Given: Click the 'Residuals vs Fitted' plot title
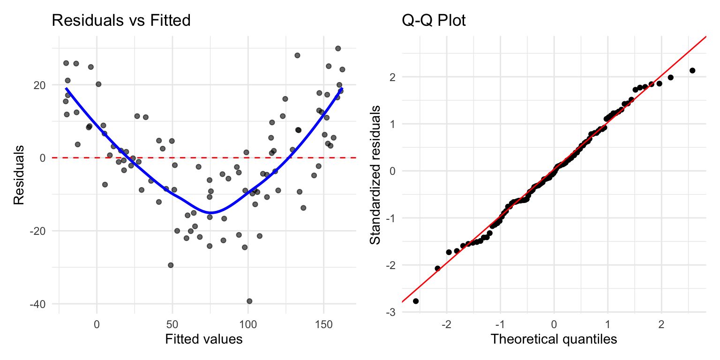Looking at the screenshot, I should pyautogui.click(x=121, y=21).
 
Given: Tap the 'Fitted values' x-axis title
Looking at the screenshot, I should pyautogui.click(x=204, y=339).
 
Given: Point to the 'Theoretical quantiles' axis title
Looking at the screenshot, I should pyautogui.click(x=554, y=339).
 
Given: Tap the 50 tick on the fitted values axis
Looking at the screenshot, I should pyautogui.click(x=172, y=323).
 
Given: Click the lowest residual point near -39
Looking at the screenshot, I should pyautogui.click(x=249, y=301).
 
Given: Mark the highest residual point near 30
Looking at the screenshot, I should pyautogui.click(x=338, y=48).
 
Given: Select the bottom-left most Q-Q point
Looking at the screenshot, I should pyautogui.click(x=416, y=301).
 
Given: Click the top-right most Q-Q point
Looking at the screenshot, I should pyautogui.click(x=692, y=70).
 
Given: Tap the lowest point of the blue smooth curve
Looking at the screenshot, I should pyautogui.click(x=211, y=213).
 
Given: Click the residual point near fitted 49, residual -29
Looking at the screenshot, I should pyautogui.click(x=171, y=265).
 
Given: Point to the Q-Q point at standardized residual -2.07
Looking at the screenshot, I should pyautogui.click(x=437, y=268).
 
